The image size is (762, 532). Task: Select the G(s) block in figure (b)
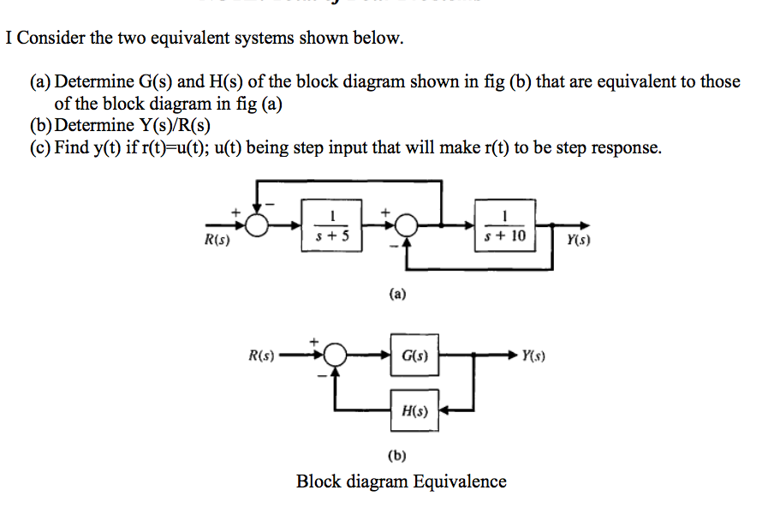pyautogui.click(x=415, y=354)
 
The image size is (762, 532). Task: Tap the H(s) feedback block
pyautogui.click(x=415, y=410)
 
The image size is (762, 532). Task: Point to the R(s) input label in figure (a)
pyautogui.click(x=217, y=241)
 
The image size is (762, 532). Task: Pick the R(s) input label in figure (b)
pyautogui.click(x=260, y=354)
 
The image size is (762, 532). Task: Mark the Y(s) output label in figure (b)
pyautogui.click(x=533, y=354)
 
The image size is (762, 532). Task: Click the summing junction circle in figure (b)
pyautogui.click(x=336, y=355)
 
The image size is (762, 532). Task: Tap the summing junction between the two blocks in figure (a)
pyautogui.click(x=407, y=226)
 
